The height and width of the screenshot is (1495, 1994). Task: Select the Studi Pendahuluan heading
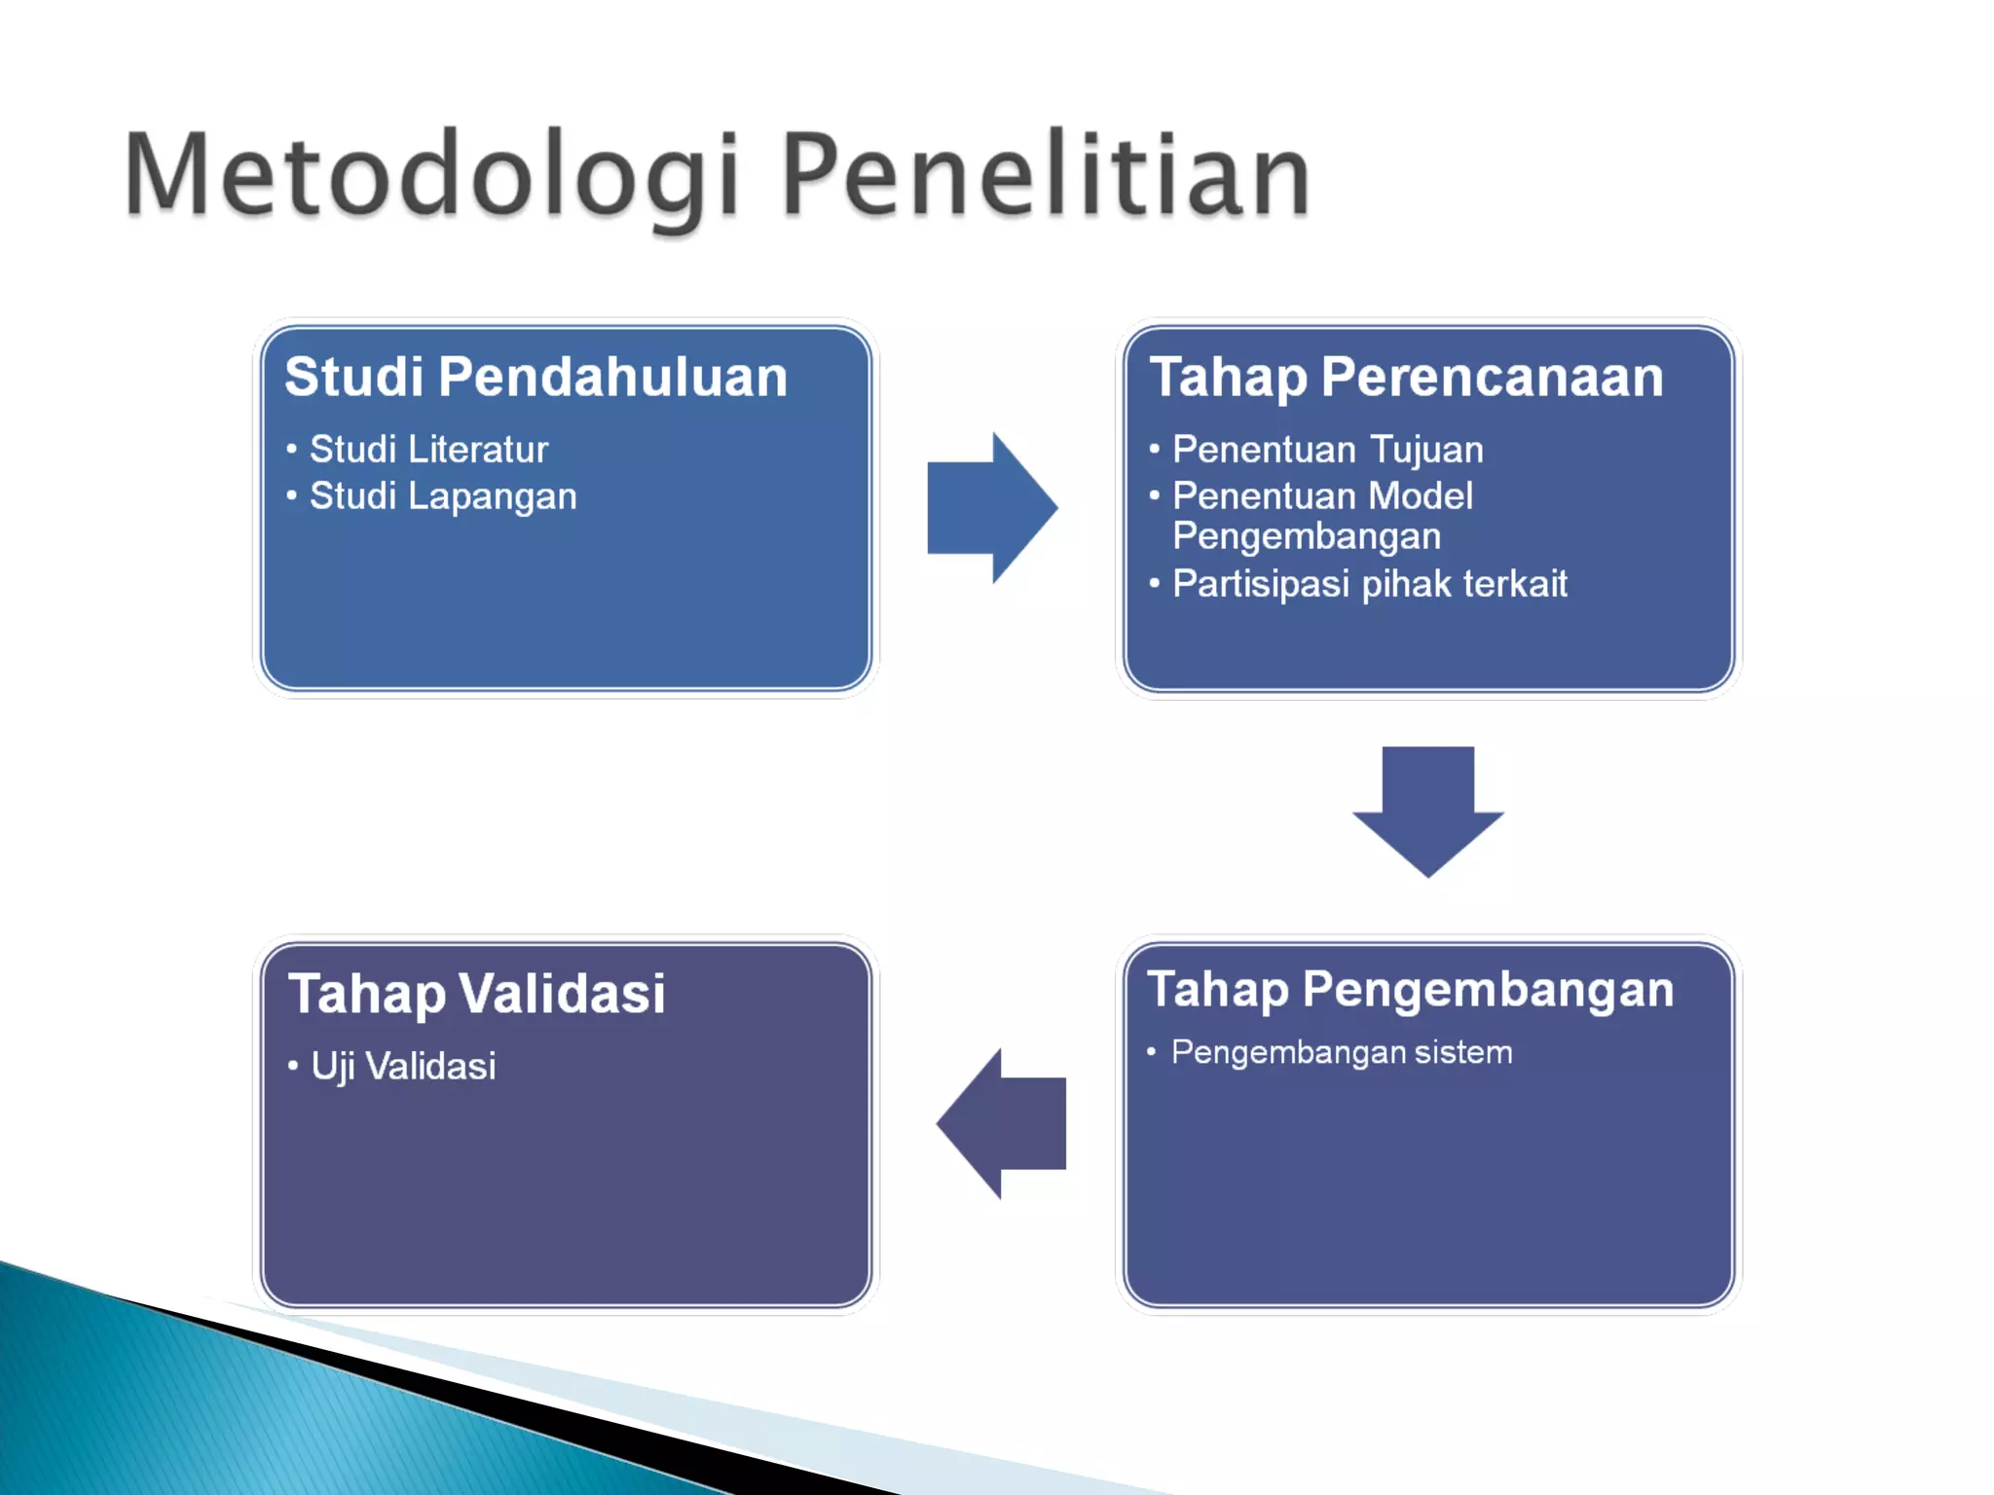click(535, 377)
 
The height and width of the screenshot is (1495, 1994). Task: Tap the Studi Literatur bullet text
click(428, 450)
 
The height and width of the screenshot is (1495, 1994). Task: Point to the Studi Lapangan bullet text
click(443, 496)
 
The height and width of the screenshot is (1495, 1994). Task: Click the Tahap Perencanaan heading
click(1406, 377)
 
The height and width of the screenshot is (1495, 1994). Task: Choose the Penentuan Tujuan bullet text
click(1327, 450)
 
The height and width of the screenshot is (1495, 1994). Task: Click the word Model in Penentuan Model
click(1421, 496)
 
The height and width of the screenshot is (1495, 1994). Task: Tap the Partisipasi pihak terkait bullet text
click(1369, 584)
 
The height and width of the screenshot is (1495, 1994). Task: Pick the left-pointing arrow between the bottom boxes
click(1003, 1123)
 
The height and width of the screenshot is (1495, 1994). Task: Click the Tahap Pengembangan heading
click(1410, 989)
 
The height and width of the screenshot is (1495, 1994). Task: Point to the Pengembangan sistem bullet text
click(1341, 1052)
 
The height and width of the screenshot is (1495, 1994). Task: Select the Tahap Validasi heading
click(477, 994)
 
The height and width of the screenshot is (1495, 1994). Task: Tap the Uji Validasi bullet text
click(403, 1066)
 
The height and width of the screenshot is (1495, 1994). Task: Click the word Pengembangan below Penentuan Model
click(1306, 536)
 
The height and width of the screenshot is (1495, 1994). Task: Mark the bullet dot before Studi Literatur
click(291, 450)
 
